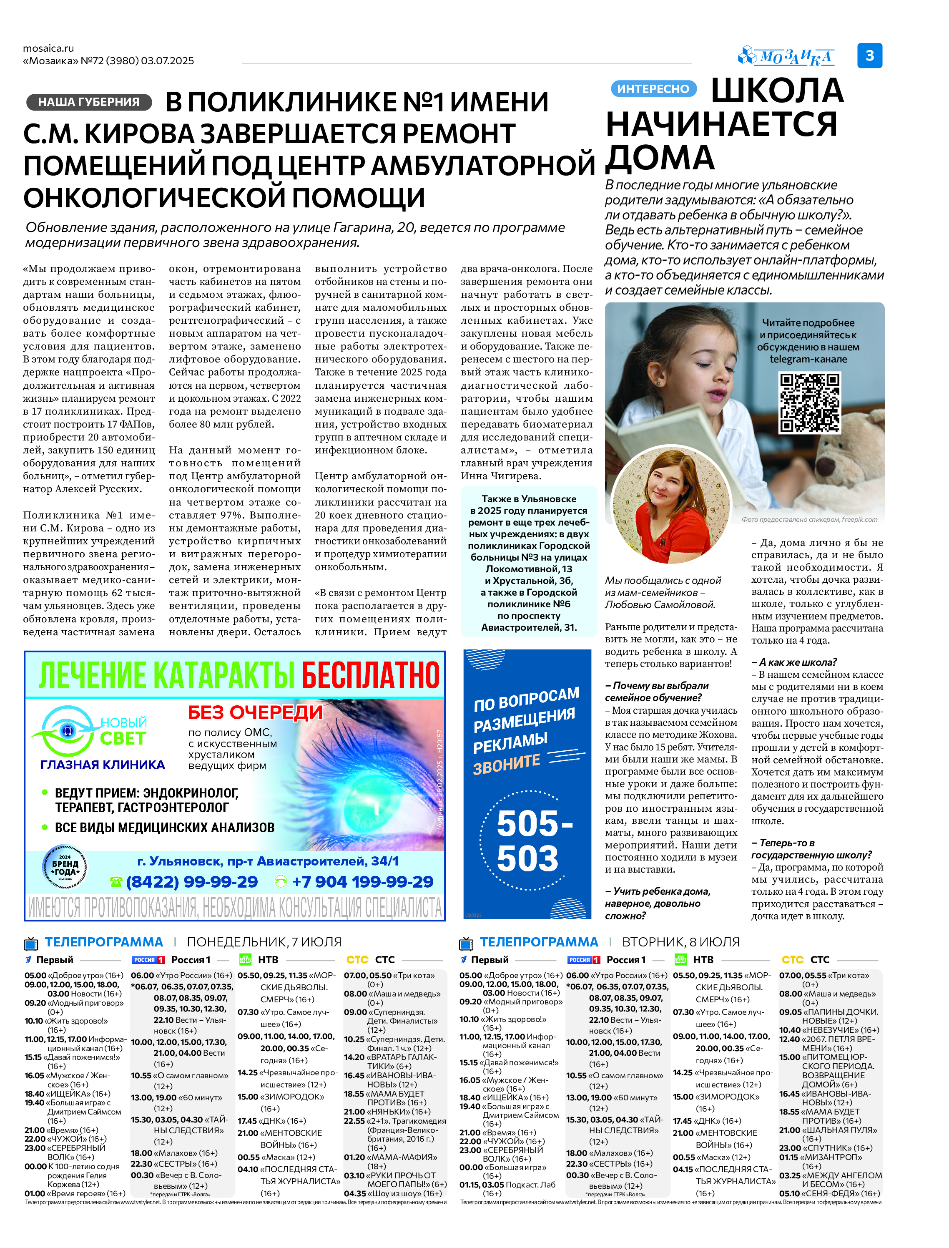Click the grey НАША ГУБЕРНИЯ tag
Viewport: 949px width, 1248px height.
tap(89, 102)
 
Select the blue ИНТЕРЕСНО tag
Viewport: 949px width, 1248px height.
tap(653, 89)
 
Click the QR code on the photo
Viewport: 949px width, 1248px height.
tap(809, 403)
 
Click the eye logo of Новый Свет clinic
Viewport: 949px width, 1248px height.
tap(67, 731)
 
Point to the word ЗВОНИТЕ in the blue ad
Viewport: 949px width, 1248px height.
tap(506, 765)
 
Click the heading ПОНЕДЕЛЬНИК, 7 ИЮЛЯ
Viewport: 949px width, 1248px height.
tap(264, 942)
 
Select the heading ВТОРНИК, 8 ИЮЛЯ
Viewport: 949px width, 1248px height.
tap(680, 942)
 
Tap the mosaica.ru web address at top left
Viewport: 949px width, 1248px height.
tap(49, 48)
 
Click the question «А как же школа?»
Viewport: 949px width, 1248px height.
tap(793, 662)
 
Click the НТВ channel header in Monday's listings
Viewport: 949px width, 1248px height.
tap(267, 959)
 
